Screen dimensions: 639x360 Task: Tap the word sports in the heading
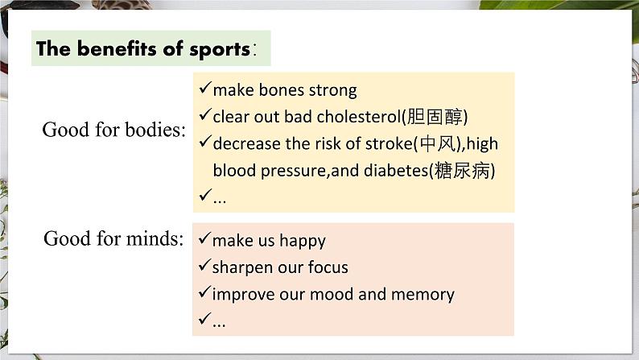[x=220, y=50]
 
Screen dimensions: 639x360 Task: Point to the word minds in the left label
[x=155, y=238]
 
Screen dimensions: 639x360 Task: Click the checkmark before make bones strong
[x=205, y=87]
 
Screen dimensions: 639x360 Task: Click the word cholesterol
[x=359, y=117]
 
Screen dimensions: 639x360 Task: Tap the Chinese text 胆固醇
[x=435, y=117]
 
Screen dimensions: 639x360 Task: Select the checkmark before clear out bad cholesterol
[x=205, y=114]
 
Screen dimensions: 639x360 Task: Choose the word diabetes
[x=396, y=171]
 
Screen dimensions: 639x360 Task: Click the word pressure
[x=293, y=172]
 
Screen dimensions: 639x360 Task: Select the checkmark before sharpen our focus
[x=204, y=265]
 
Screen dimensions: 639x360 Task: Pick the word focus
[x=328, y=267]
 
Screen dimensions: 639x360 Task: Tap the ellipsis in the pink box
[x=219, y=325]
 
